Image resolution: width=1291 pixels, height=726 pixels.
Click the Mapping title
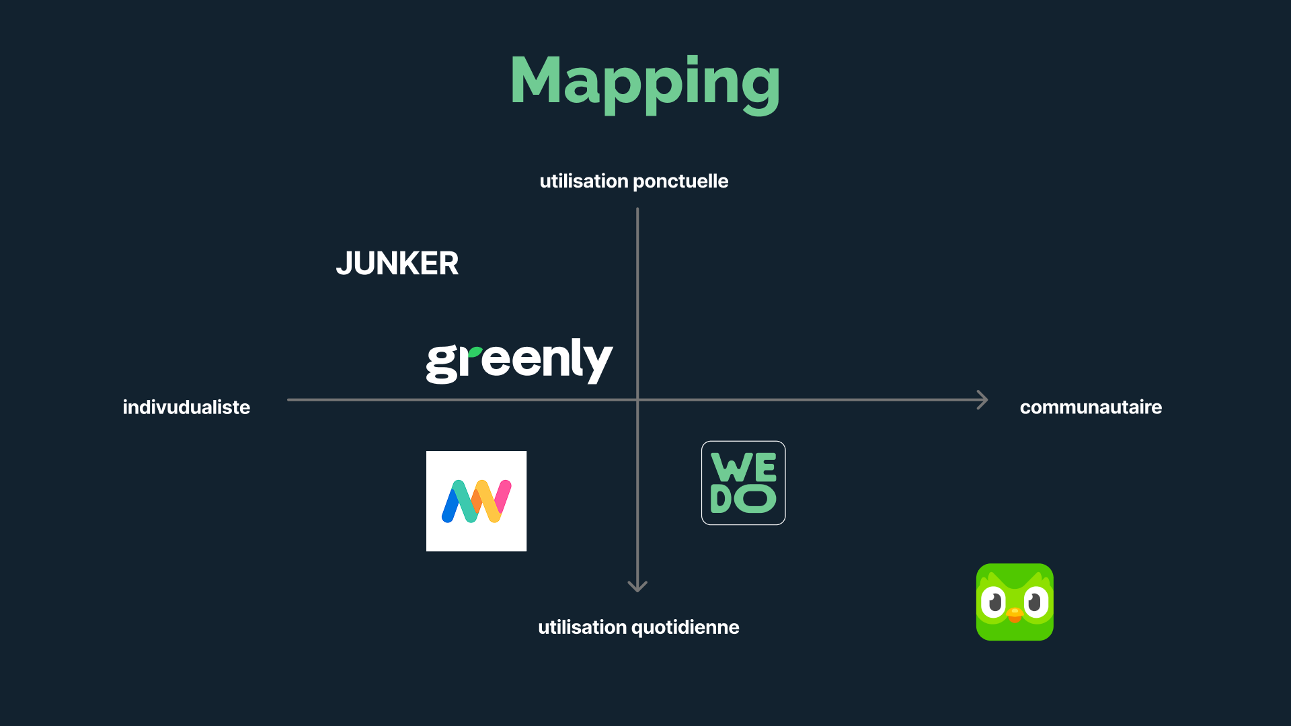pos(645,81)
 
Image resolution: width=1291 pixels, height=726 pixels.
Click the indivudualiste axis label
pos(186,407)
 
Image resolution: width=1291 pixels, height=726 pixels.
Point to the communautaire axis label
pos(1091,407)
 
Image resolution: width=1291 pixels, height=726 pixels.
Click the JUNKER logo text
pos(397,264)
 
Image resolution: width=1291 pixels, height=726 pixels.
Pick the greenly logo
pos(519,361)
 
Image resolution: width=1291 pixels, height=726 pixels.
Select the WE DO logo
pos(743,483)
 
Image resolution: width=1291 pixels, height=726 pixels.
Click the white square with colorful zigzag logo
pos(476,501)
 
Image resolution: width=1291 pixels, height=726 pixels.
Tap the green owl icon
pos(1015,602)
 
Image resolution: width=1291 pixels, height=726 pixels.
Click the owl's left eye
pos(993,602)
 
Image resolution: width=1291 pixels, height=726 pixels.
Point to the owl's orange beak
pos(1015,614)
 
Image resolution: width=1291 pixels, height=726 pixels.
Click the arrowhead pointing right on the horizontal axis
pos(982,400)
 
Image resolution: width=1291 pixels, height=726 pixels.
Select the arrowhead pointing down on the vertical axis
pos(637,586)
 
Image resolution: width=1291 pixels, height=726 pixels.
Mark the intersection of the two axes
pos(637,400)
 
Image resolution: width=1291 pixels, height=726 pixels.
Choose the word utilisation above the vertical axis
pos(584,182)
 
